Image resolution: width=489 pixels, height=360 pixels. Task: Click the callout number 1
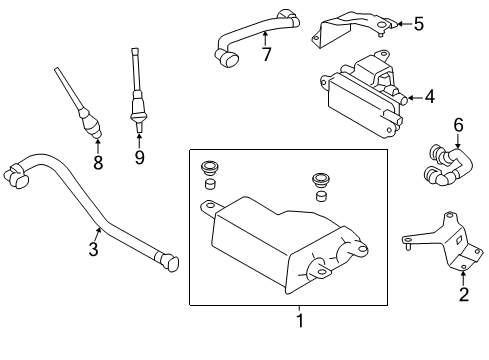click(298, 321)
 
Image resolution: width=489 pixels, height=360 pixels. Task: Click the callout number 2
click(463, 293)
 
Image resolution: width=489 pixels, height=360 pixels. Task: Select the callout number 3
click(93, 248)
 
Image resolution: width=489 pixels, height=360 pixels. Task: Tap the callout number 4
click(429, 97)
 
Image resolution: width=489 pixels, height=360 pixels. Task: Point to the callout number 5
click(419, 21)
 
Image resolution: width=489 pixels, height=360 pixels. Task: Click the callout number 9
click(139, 156)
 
